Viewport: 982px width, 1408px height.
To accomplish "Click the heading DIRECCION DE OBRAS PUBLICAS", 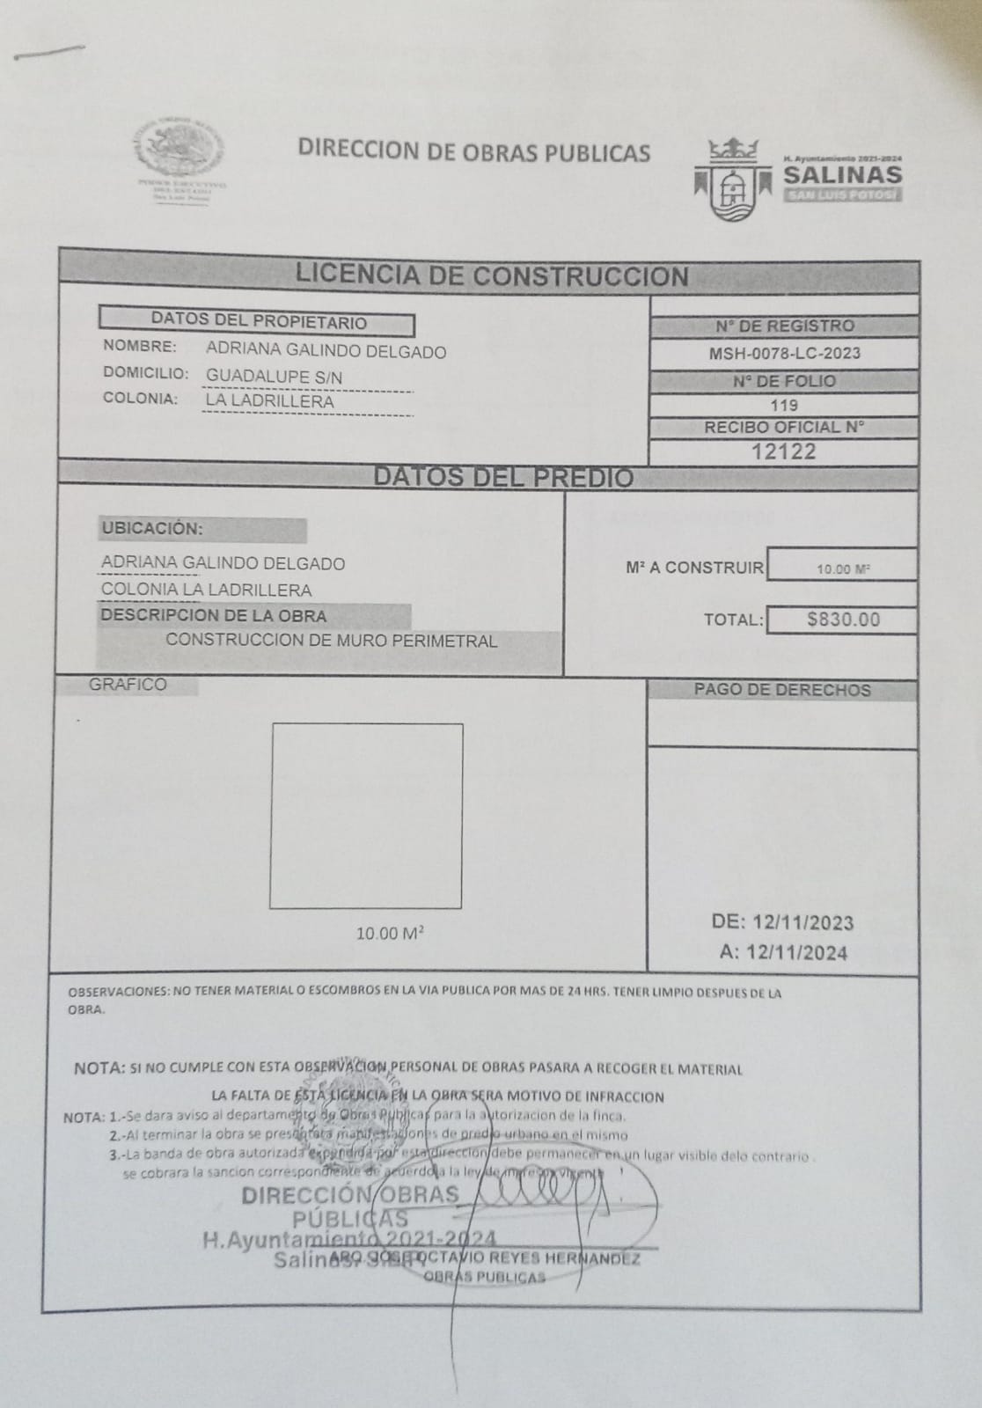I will click(x=473, y=151).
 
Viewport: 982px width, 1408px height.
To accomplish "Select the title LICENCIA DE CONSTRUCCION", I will click(x=491, y=275).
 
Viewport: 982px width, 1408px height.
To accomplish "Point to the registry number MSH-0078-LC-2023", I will click(x=784, y=354).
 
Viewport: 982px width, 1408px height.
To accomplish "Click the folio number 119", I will click(x=783, y=405).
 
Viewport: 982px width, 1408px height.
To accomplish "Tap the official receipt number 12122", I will click(x=783, y=451).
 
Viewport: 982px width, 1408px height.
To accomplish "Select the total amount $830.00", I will click(x=842, y=620).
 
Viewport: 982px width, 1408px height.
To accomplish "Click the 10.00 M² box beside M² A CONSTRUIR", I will click(x=842, y=568).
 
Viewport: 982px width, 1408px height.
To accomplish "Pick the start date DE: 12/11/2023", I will click(x=782, y=922).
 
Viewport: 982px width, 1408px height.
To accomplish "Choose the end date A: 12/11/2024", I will click(x=782, y=952).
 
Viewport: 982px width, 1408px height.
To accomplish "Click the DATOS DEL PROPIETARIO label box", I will click(x=257, y=322).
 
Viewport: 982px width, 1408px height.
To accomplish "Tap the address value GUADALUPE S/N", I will click(x=274, y=377).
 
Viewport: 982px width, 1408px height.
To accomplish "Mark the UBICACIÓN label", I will click(x=151, y=529).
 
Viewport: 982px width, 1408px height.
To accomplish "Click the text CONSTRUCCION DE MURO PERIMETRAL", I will click(x=331, y=641).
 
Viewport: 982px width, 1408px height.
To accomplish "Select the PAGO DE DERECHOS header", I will click(x=781, y=690).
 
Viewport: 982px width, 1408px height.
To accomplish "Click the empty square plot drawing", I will click(x=366, y=816).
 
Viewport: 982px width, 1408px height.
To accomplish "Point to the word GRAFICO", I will click(x=128, y=685).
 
